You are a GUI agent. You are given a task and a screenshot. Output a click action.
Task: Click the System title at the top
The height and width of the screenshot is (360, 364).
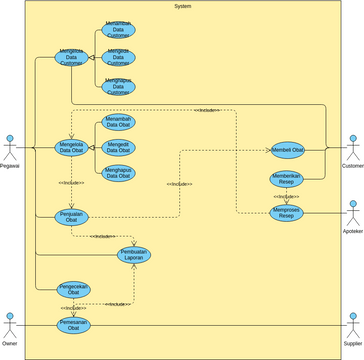tap(182, 6)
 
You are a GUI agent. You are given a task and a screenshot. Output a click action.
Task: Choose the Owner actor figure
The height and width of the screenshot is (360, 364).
tap(10, 323)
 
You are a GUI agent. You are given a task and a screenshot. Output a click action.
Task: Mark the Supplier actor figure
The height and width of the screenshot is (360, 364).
tap(352, 323)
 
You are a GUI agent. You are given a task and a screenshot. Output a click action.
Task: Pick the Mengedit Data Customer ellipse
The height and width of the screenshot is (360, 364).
tap(118, 56)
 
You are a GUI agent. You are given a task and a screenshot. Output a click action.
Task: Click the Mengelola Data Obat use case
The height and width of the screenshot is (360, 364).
tap(71, 149)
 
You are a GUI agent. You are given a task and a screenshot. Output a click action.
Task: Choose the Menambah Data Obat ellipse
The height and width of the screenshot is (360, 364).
tap(118, 122)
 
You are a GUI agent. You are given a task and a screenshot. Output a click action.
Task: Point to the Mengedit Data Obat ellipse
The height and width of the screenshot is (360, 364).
tap(118, 148)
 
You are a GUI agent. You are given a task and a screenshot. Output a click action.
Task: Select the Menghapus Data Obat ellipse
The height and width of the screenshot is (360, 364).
tap(118, 173)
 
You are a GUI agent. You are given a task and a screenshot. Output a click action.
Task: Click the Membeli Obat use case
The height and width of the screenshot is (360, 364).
tap(287, 149)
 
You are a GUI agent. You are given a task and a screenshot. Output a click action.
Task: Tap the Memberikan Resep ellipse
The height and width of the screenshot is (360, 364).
tap(287, 180)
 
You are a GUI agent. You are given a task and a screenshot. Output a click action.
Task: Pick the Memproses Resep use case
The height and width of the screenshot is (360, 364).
tap(287, 213)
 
